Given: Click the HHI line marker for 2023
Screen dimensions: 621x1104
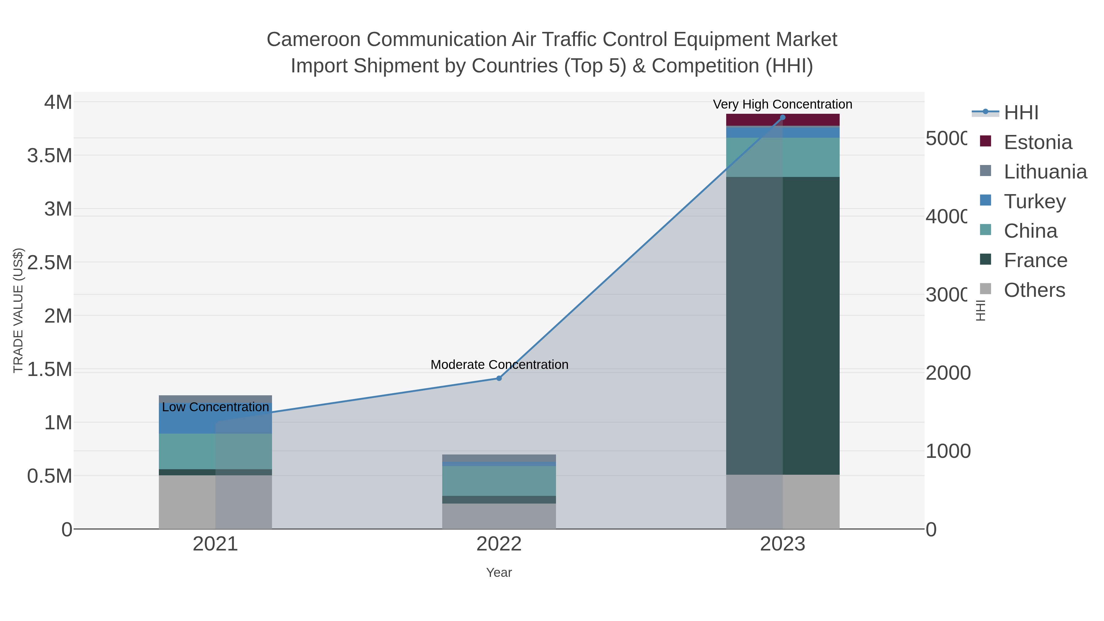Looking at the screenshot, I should pyautogui.click(x=783, y=117).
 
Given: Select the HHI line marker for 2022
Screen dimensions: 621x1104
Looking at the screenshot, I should pyautogui.click(x=499, y=378).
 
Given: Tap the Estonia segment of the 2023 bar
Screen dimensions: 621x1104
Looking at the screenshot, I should pyautogui.click(x=783, y=120).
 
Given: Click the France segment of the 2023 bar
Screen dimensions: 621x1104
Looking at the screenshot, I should pyautogui.click(x=783, y=326).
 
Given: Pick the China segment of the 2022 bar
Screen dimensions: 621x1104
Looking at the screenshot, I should pyautogui.click(x=499, y=481).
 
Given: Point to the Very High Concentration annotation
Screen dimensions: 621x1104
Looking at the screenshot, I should pyautogui.click(x=783, y=104).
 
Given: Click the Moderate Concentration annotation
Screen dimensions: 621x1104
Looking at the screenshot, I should pyautogui.click(x=499, y=365).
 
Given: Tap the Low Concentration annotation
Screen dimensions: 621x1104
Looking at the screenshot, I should pyautogui.click(x=215, y=407).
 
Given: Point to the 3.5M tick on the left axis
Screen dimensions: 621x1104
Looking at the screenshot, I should pyautogui.click(x=50, y=155).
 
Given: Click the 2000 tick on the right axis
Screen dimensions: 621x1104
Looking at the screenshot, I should pyautogui.click(x=948, y=373).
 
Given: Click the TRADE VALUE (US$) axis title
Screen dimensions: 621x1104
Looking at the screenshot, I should pyautogui.click(x=18, y=310).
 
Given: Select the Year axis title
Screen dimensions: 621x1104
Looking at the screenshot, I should pyautogui.click(x=499, y=573).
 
